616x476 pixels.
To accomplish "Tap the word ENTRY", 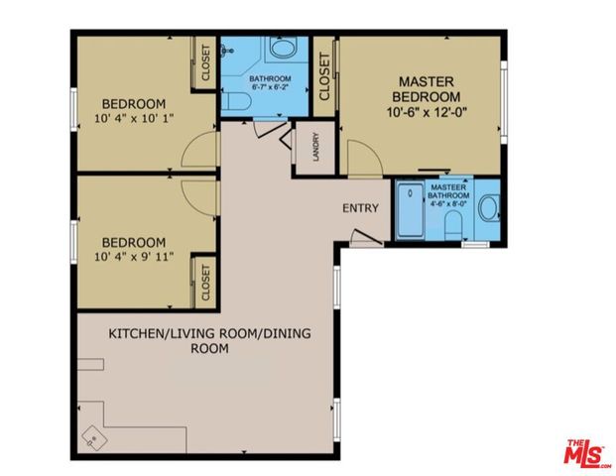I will (x=360, y=208).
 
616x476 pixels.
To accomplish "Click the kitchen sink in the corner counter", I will (x=92, y=435).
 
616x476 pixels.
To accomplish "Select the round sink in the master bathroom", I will (x=488, y=209).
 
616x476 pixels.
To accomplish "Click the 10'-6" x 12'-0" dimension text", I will (x=428, y=113).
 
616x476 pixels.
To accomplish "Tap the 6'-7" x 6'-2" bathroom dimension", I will (x=269, y=88).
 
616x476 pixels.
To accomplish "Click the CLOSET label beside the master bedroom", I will (x=325, y=76).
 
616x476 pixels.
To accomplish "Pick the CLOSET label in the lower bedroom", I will (x=206, y=281).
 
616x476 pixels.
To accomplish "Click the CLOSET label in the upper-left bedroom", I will (x=206, y=62).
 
